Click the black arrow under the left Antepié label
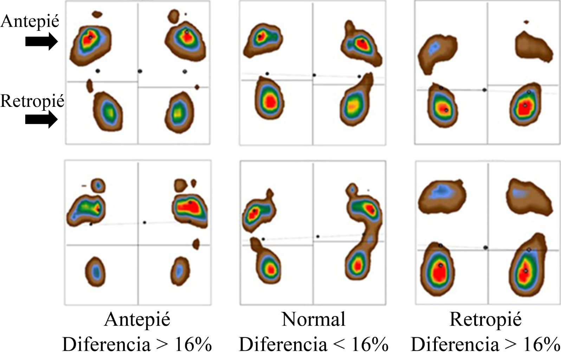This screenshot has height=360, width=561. (41, 41)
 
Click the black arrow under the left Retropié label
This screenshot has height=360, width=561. (41, 120)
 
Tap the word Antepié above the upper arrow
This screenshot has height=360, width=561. (30, 21)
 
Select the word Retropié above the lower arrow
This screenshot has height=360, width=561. (32, 101)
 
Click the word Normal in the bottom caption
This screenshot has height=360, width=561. (314, 320)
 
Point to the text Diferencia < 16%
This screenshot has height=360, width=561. (314, 344)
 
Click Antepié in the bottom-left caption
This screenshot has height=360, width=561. (137, 320)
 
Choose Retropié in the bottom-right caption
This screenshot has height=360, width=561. (485, 320)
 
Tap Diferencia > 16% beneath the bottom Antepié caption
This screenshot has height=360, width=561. (137, 344)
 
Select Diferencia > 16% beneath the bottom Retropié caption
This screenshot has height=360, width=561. (485, 344)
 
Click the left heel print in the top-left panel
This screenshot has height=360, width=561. (108, 111)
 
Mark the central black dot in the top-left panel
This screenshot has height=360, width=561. (140, 71)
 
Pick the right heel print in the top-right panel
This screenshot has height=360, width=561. (525, 105)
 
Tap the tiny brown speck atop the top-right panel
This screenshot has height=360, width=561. (526, 22)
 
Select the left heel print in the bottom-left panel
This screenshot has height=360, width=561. (95, 271)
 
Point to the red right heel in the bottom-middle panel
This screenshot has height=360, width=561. (357, 265)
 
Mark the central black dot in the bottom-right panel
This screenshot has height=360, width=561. (485, 248)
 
